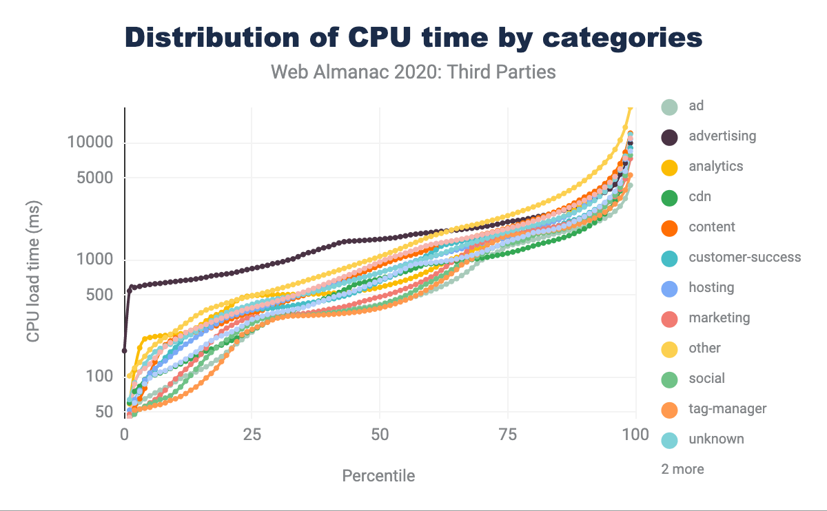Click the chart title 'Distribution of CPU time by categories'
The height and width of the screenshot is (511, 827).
pos(413,37)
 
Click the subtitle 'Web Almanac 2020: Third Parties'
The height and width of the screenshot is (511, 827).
pos(413,72)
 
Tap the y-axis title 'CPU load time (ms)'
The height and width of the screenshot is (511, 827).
pos(33,271)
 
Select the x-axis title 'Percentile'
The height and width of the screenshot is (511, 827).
pos(378,476)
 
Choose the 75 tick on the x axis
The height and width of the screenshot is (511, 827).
pos(508,435)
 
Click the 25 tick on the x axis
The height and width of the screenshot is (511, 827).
pos(252,435)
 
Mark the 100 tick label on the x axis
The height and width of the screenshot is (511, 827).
pos(635,435)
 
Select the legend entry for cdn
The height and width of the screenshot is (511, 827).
pos(700,197)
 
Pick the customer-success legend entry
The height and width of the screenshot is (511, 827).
pos(744,258)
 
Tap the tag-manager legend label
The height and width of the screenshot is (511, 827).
pos(727,409)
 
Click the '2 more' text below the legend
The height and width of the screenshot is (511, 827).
pos(682,470)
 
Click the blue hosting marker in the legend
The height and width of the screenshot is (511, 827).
pos(668,288)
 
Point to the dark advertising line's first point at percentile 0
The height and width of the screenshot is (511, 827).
pos(125,351)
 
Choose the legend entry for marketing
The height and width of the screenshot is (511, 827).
pos(719,318)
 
